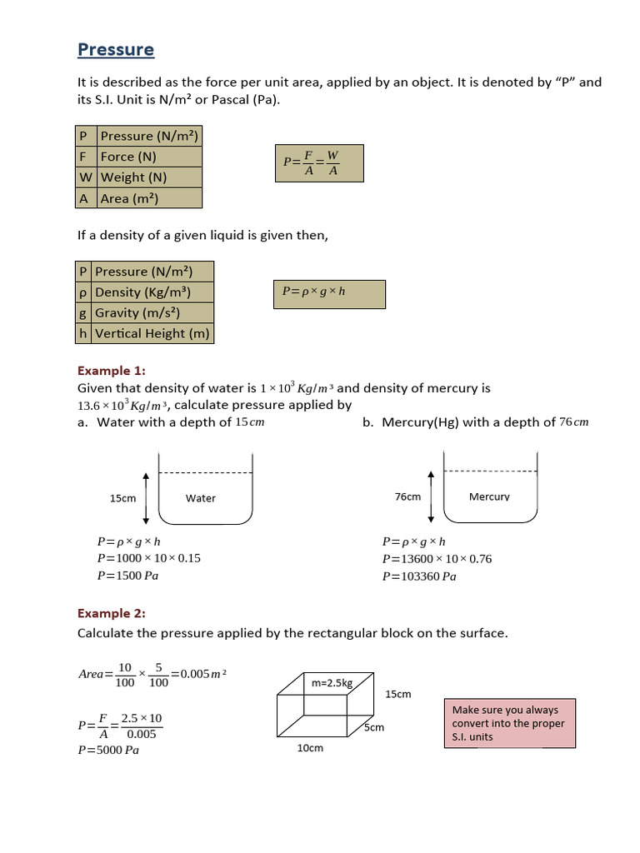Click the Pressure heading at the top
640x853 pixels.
click(116, 50)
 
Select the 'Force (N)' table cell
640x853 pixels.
click(149, 157)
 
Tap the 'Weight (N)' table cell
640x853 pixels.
click(149, 177)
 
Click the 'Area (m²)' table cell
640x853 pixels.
click(149, 198)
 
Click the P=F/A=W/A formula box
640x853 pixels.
click(319, 162)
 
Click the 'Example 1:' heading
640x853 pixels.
click(111, 371)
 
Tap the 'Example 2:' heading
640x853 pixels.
click(111, 614)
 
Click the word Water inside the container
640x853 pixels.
click(201, 498)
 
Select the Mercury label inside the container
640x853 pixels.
click(489, 496)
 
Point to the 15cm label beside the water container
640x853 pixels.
click(122, 498)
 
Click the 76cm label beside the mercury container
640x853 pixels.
click(407, 496)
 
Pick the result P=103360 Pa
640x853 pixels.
click(419, 576)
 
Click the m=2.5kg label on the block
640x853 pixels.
click(332, 683)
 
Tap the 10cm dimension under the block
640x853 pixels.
click(310, 748)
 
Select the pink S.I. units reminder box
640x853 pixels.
click(508, 723)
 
